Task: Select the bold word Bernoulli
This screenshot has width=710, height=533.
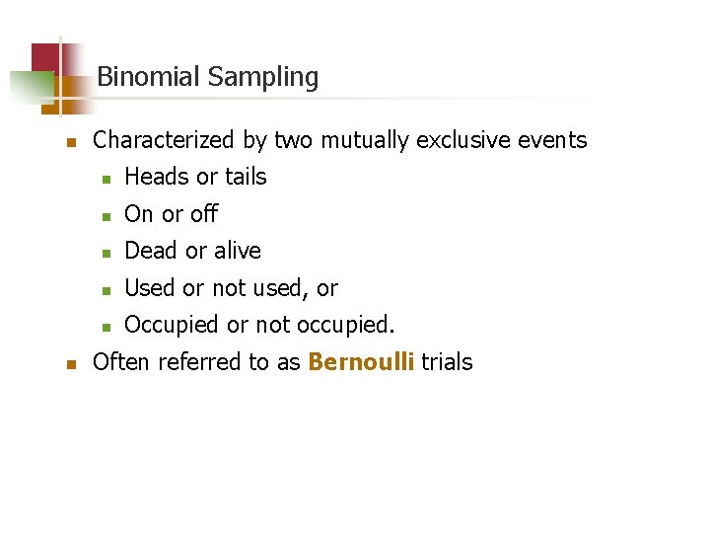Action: [x=362, y=362]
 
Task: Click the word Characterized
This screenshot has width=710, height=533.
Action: [x=166, y=141]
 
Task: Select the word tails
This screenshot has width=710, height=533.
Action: [x=246, y=178]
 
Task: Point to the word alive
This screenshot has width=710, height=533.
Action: [x=237, y=252]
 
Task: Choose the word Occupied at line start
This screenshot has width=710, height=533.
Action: [x=172, y=326]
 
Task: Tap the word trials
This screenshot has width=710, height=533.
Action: [x=447, y=362]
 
